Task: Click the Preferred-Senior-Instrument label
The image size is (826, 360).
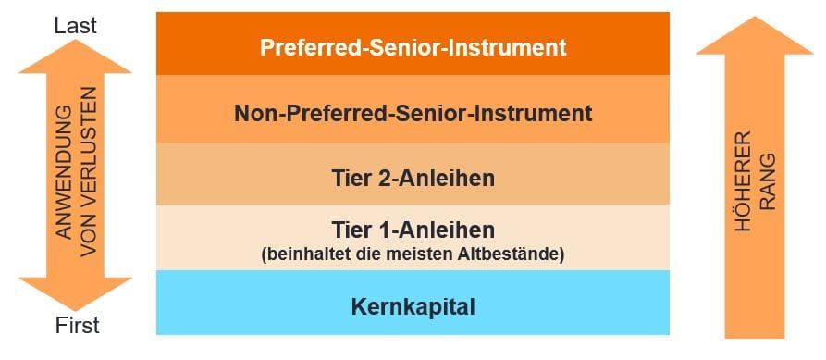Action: tap(413, 47)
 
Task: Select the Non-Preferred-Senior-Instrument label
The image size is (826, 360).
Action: tap(413, 113)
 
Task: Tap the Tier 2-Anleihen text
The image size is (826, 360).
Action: tap(413, 179)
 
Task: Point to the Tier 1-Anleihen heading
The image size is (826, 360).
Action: tap(413, 230)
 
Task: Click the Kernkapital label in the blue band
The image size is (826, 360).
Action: tap(413, 306)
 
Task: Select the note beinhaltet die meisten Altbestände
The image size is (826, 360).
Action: tap(413, 254)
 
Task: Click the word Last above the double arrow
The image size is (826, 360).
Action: tap(75, 26)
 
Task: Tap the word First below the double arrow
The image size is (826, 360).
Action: tap(77, 326)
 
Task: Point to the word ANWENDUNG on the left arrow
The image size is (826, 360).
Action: tap(64, 172)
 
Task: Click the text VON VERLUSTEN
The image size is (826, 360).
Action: tap(89, 172)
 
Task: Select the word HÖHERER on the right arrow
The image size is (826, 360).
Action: tap(743, 181)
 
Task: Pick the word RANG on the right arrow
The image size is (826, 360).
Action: tap(768, 181)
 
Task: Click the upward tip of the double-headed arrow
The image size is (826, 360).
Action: tap(75, 40)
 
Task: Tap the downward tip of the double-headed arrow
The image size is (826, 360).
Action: tap(75, 311)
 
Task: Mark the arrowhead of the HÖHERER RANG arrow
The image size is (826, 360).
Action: tap(755, 18)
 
